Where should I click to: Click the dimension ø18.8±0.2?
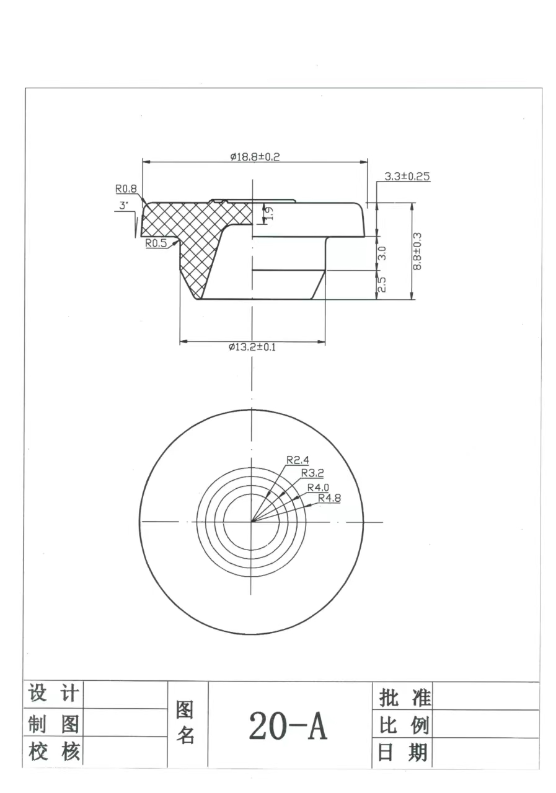pyautogui.click(x=255, y=157)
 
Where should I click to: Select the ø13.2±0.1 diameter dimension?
pyautogui.click(x=252, y=348)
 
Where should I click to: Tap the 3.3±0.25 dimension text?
pyautogui.click(x=407, y=177)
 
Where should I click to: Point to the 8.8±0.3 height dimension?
pyautogui.click(x=417, y=250)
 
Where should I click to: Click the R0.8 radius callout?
pyautogui.click(x=125, y=189)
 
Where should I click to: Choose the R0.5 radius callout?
pyautogui.click(x=156, y=243)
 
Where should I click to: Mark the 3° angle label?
pyautogui.click(x=123, y=205)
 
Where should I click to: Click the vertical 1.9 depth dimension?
pyautogui.click(x=268, y=213)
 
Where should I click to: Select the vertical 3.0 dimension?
pyautogui.click(x=382, y=253)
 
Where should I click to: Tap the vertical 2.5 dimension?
pyautogui.click(x=382, y=284)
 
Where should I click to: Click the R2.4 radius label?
pyautogui.click(x=298, y=460)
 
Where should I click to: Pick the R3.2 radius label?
pyautogui.click(x=312, y=473)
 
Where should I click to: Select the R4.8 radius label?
pyautogui.click(x=329, y=497)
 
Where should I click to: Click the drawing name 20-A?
pyautogui.click(x=288, y=726)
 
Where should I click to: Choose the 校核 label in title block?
pyautogui.click(x=54, y=753)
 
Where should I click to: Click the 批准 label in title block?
pyautogui.click(x=404, y=698)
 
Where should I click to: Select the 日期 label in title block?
pyautogui.click(x=403, y=753)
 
